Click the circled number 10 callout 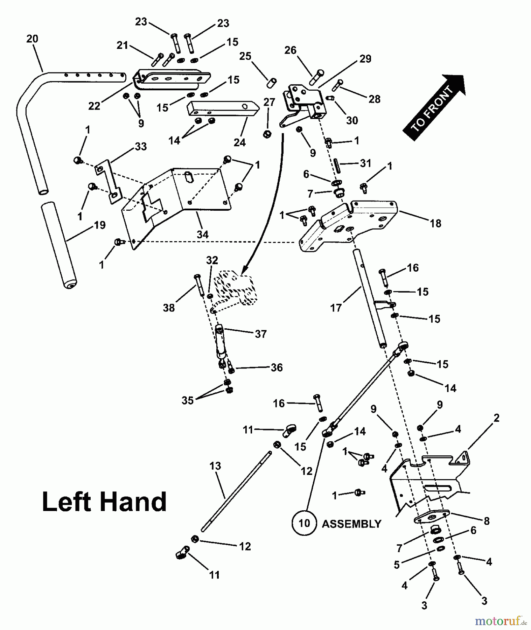pyautogui.click(x=305, y=523)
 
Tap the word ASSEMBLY pyautogui.click(x=351, y=524)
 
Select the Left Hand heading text pyautogui.click(x=104, y=502)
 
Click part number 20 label pyautogui.click(x=32, y=39)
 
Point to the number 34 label pyautogui.click(x=202, y=234)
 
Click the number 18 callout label pyautogui.click(x=435, y=223)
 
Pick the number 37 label pyautogui.click(x=261, y=334)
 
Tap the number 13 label pyautogui.click(x=215, y=466)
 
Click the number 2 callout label pyautogui.click(x=496, y=418)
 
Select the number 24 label pyautogui.click(x=239, y=142)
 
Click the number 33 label pyautogui.click(x=141, y=146)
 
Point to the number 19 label pyautogui.click(x=100, y=225)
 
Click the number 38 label pyautogui.click(x=169, y=308)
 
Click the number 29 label pyautogui.click(x=365, y=59)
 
